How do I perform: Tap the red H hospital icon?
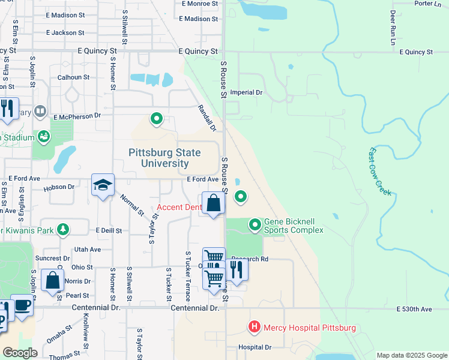(255, 328)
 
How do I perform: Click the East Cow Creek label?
(380, 172)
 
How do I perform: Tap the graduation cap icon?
(103, 184)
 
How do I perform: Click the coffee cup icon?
(22, 304)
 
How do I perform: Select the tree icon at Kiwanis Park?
(62, 229)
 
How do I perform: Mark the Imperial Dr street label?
(251, 93)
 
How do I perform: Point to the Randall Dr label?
(206, 118)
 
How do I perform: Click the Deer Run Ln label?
(393, 28)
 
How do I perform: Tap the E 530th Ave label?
(414, 309)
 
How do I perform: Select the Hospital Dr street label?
(255, 347)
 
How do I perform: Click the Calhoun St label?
(73, 77)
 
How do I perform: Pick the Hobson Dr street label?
(59, 187)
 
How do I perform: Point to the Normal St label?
(132, 205)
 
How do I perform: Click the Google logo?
(20, 353)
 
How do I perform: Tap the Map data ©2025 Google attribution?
(411, 355)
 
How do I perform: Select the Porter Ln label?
(427, 4)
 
